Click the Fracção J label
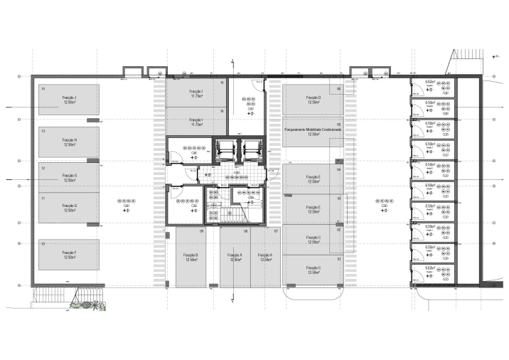point(69,97)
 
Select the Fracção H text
point(69,140)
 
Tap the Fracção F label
point(69,253)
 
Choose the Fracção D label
point(313,97)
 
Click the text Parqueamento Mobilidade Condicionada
point(313,130)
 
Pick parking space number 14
point(43,89)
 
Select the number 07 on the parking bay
point(276,232)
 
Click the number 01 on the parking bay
point(339,260)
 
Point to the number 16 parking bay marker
point(223,111)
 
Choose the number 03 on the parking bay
point(339,198)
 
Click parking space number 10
point(43,243)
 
